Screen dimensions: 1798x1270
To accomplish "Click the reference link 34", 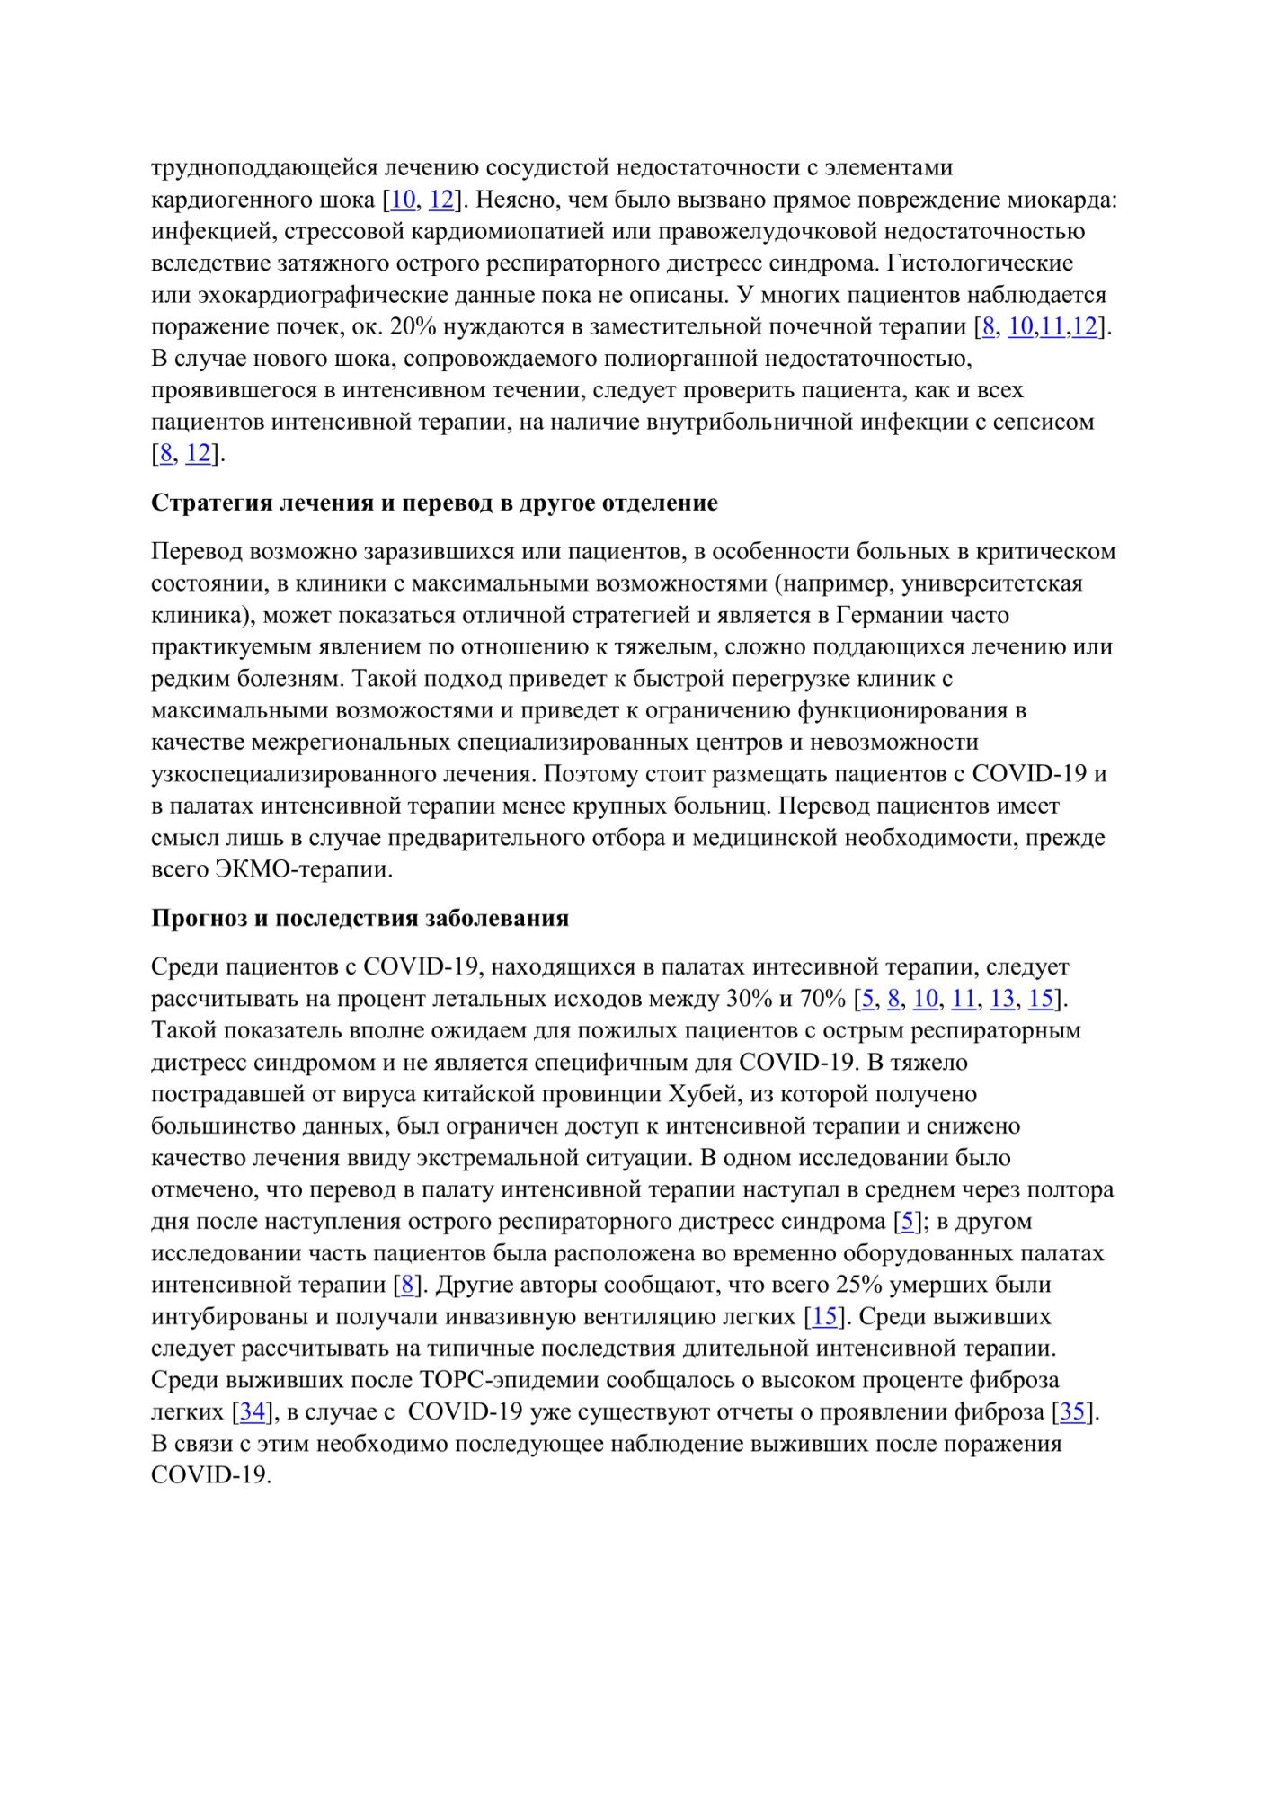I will click(x=252, y=1412).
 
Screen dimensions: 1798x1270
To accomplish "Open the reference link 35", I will click(x=1072, y=1412).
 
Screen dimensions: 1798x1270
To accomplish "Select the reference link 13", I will click(x=1001, y=999).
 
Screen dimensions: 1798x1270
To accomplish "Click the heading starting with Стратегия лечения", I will click(x=434, y=503).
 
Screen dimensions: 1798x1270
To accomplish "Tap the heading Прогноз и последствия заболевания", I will click(x=360, y=918).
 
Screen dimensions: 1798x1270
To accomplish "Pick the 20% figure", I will click(x=413, y=326).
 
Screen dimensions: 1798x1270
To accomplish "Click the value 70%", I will click(x=823, y=999).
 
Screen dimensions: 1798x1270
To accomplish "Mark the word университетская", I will click(x=992, y=583).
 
